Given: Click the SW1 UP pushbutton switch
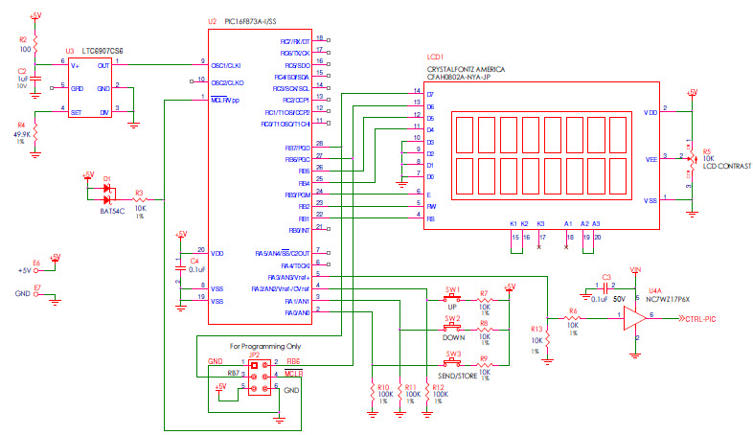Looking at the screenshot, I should click(452, 300).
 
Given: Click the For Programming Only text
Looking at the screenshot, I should click(264, 345).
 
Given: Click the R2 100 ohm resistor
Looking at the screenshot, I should click(36, 45).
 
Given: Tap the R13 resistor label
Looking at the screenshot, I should click(536, 330).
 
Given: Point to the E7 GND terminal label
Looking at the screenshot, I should click(36, 287).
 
